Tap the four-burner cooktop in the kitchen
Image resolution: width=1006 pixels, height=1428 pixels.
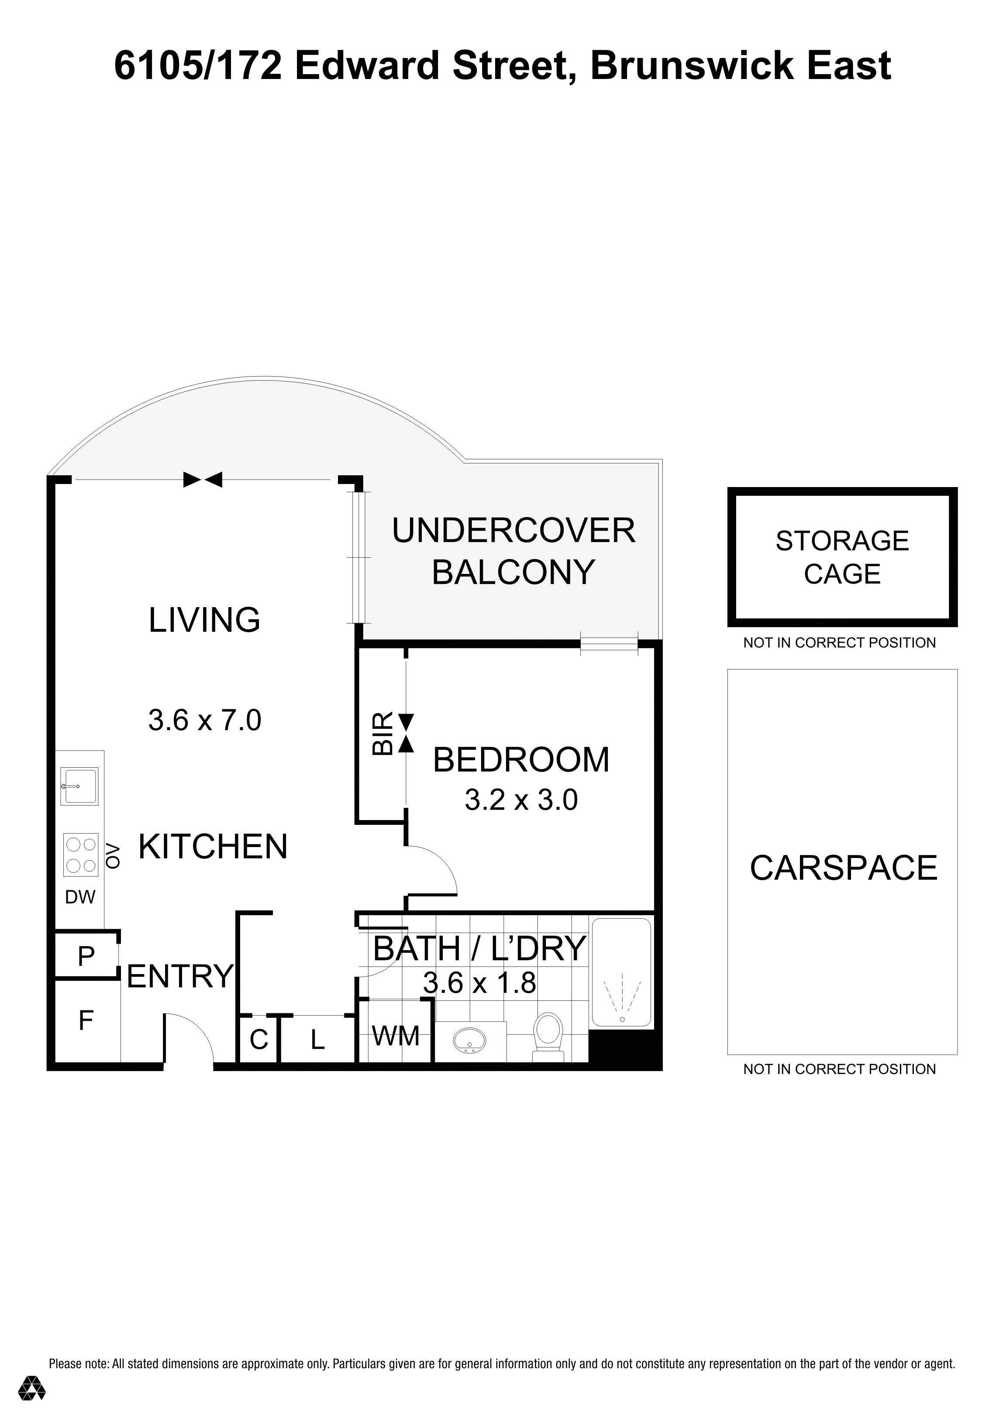(81, 855)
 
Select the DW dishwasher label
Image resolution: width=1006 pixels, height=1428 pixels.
(80, 897)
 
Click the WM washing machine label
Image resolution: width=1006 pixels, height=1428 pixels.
(396, 1036)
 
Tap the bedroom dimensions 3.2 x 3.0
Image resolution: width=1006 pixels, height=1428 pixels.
(521, 800)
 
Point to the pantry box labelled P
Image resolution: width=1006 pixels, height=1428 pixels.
(86, 956)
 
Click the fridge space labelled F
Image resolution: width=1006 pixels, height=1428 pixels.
(86, 1021)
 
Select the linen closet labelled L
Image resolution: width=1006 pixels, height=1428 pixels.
(317, 1039)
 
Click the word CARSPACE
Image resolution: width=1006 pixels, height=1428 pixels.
(843, 868)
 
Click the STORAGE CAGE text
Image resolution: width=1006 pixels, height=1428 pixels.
(842, 557)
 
